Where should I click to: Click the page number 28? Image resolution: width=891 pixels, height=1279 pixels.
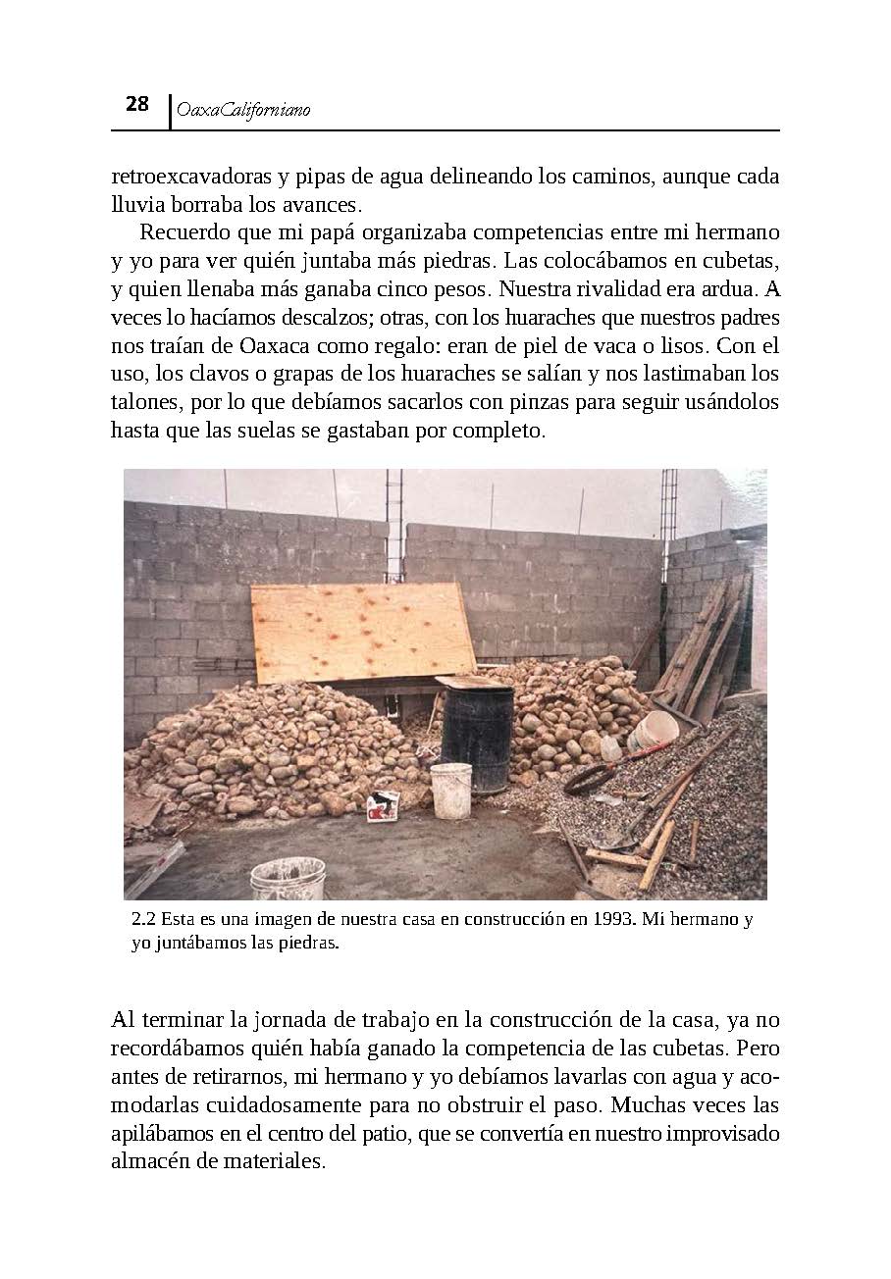pos(136,104)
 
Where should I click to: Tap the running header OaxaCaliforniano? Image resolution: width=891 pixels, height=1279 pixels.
pos(240,111)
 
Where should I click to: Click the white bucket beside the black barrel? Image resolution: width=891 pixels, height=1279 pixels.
pos(451,790)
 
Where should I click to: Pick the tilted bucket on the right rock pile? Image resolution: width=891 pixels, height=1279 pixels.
pos(653,731)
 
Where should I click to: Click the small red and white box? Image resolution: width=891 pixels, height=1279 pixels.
pos(383,804)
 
